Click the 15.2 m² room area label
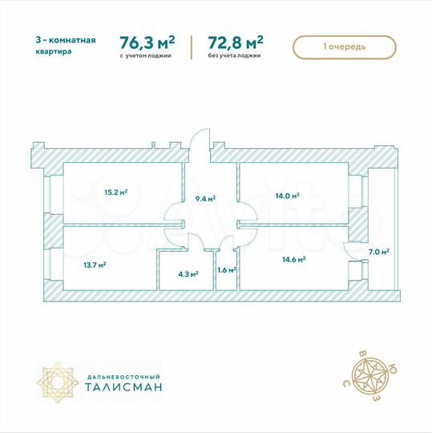[x=116, y=192]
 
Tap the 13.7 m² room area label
[x=95, y=263]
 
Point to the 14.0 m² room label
[x=288, y=196]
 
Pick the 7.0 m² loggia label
[x=379, y=252]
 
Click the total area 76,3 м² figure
[x=147, y=42]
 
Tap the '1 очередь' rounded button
[x=345, y=47]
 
